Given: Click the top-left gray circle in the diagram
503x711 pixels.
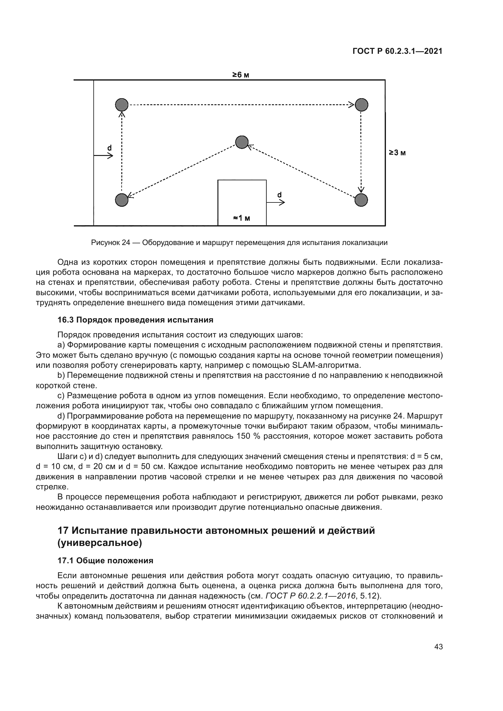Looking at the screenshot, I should (121, 105).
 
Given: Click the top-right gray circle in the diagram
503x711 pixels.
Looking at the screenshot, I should (361, 105).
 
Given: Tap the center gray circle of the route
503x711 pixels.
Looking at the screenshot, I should (241, 142).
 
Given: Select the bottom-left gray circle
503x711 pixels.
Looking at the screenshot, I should (121, 200).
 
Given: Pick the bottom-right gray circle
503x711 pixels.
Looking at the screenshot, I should (361, 200).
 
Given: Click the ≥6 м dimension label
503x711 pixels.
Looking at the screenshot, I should (241, 75).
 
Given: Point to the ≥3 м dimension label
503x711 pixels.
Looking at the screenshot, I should (397, 153).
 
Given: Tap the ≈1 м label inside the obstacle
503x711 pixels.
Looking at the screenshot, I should (241, 218).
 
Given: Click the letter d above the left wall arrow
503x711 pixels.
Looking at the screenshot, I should (109, 148).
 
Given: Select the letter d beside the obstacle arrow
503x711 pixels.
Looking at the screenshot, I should (279, 195).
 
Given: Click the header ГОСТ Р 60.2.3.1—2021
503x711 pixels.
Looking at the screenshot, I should (397, 51).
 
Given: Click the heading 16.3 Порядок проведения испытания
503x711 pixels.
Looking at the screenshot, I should (135, 320).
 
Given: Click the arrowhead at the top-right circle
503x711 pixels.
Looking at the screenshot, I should (351, 105).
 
